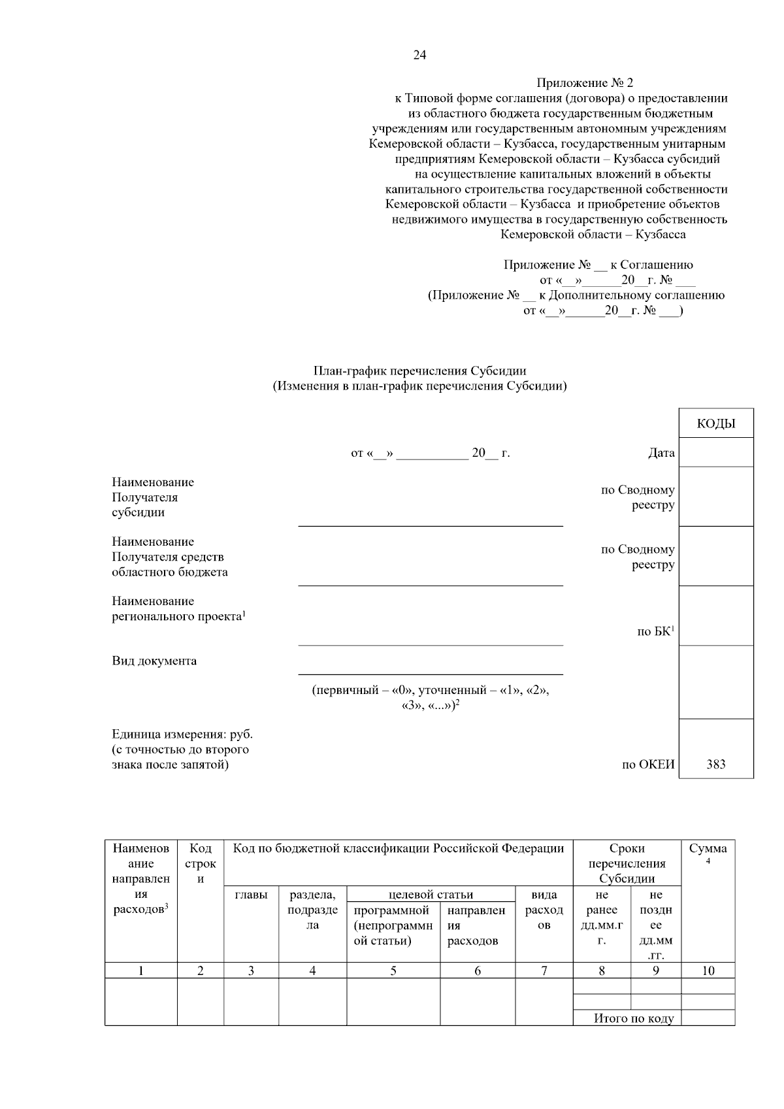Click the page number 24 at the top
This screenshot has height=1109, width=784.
tap(419, 56)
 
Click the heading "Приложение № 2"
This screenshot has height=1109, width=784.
tap(585, 83)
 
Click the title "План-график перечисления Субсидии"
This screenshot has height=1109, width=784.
tap(419, 371)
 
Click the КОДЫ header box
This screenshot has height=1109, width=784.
tap(715, 423)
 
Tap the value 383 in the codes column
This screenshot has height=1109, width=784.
tap(715, 765)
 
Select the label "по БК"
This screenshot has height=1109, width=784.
tap(655, 631)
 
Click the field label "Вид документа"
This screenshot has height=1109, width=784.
tap(154, 661)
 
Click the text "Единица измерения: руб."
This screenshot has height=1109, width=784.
tap(182, 735)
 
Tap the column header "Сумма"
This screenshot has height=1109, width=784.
tap(708, 849)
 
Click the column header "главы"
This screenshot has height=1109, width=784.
tap(251, 895)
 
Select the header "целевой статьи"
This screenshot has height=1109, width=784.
tap(431, 895)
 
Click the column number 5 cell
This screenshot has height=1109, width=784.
tap(393, 971)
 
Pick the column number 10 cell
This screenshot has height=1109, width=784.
tap(708, 971)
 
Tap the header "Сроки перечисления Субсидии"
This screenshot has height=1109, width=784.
tap(627, 863)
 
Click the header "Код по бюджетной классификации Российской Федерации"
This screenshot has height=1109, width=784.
tap(398, 849)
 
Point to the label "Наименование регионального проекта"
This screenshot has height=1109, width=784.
tap(178, 608)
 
